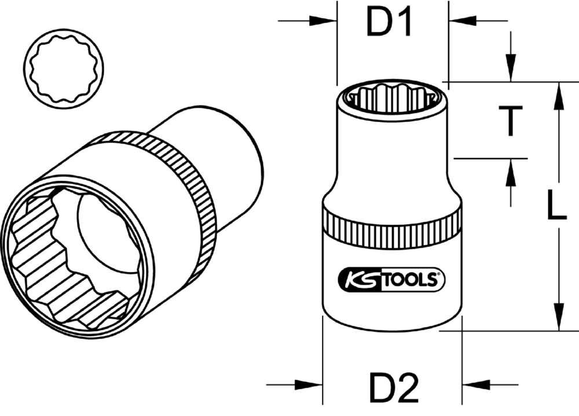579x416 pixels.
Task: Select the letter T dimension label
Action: coord(510,122)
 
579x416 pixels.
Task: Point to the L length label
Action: coord(556,207)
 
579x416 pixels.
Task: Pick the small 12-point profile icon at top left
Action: coord(63,68)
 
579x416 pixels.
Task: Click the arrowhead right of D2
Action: coord(476,384)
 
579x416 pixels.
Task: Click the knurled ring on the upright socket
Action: coord(392,224)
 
